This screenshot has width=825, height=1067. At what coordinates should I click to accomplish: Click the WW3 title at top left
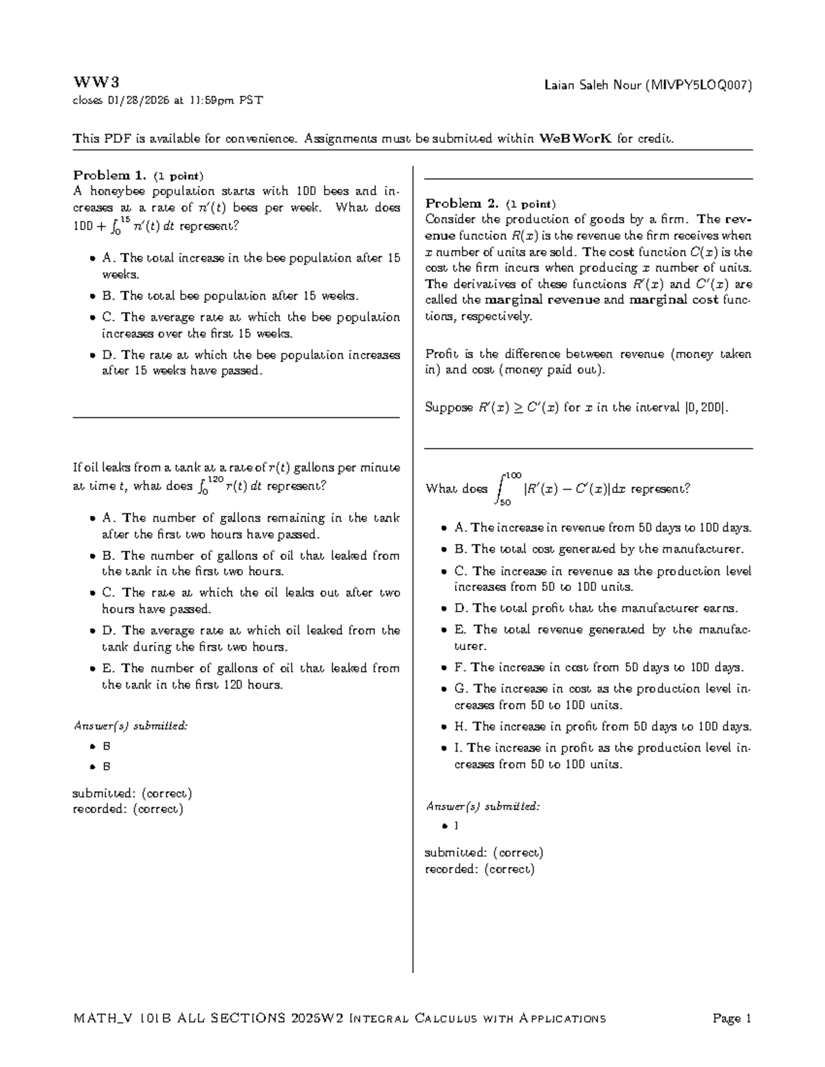pos(96,83)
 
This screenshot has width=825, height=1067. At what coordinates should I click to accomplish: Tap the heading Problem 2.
pos(461,203)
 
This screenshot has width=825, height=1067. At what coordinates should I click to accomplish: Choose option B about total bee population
pos(231,296)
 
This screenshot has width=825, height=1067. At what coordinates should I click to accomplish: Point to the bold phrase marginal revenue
pos(542,300)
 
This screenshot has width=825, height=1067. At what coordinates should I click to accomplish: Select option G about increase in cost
pos(595,697)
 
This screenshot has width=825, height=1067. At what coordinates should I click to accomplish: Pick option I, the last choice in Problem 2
pos(595,756)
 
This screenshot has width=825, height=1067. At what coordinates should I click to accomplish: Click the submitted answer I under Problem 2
pos(456,825)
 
